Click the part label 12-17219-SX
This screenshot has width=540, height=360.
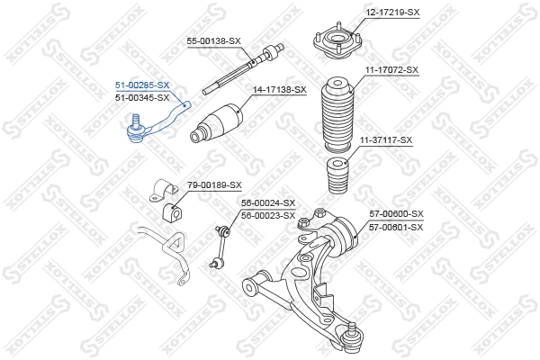[x=393, y=12]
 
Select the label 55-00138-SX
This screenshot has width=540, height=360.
[x=213, y=41]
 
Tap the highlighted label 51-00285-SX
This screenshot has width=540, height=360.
[x=141, y=85]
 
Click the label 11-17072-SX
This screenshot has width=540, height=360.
[x=391, y=69]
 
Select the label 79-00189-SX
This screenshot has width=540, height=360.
[x=214, y=184]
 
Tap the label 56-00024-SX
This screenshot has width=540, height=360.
[x=268, y=203]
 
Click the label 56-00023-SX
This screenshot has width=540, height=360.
[x=268, y=215]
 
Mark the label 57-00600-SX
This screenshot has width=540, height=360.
[x=396, y=213]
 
